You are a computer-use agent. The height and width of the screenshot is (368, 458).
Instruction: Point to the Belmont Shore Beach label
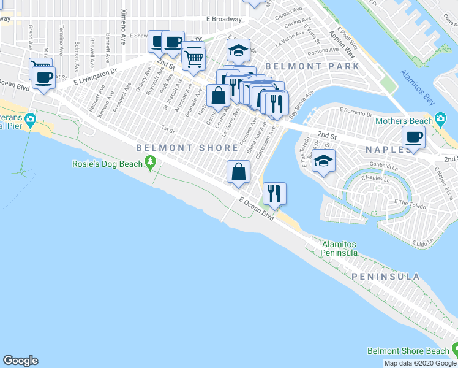pos(407,351)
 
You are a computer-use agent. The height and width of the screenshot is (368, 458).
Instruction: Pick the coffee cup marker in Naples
pos(413,137)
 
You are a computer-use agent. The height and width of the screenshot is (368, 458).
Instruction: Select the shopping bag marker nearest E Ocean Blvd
pos(238,172)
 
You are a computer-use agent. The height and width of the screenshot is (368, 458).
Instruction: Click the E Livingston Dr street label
pos(95,77)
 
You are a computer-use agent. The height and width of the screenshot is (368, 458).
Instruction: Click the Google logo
pos(20,361)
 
